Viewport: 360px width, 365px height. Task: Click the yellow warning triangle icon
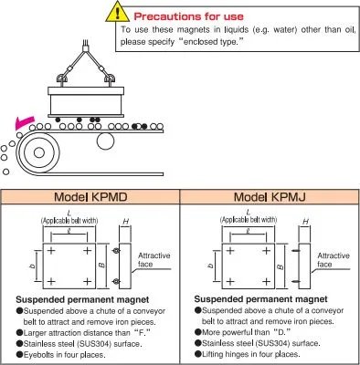point(117,13)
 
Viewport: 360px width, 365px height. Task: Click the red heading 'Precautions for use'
point(189,16)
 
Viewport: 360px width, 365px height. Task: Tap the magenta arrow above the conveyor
point(25,122)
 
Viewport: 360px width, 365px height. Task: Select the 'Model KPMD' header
point(90,197)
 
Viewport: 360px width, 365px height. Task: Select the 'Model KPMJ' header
point(270,197)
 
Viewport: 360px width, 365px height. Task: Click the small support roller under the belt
point(105,141)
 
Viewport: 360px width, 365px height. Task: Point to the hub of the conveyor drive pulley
point(39,152)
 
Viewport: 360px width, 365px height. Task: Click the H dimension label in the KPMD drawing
point(125,222)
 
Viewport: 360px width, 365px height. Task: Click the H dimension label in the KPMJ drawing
point(305,222)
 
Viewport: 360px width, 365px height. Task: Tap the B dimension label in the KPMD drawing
point(102,266)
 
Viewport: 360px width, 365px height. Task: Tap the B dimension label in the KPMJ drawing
point(281,266)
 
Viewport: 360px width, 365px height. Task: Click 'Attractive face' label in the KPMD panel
point(154,260)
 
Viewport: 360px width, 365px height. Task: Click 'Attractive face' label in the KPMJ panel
point(334,260)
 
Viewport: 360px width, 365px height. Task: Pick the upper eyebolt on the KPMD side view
point(115,251)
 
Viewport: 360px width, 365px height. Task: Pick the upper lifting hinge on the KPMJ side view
point(295,251)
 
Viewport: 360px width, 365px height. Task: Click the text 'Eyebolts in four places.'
point(65,355)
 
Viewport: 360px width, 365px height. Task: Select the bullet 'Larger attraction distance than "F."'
point(84,333)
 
